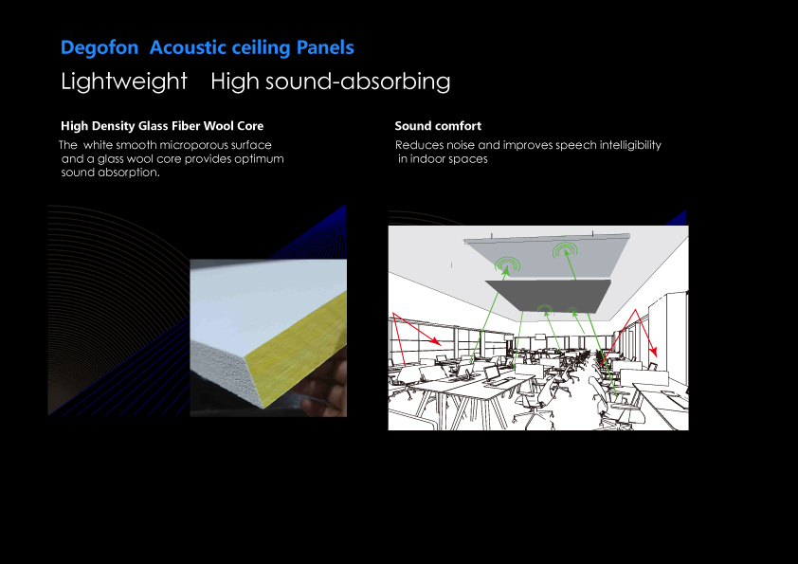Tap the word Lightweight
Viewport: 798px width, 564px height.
[124, 82]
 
